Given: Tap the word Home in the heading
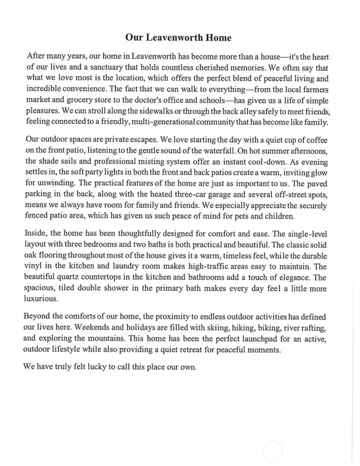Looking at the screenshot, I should [219, 38].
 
